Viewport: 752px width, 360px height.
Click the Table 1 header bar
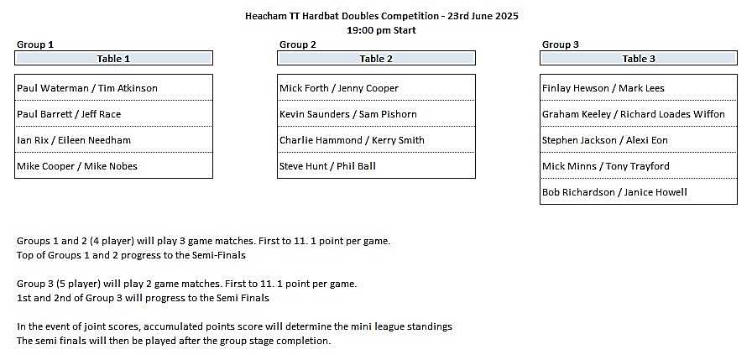(113, 59)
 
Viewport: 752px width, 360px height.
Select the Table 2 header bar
(377, 59)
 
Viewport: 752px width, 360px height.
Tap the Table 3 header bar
(639, 59)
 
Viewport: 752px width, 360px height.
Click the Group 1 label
(35, 44)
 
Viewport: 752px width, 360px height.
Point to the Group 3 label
(561, 44)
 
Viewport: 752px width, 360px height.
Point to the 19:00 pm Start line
(381, 30)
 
